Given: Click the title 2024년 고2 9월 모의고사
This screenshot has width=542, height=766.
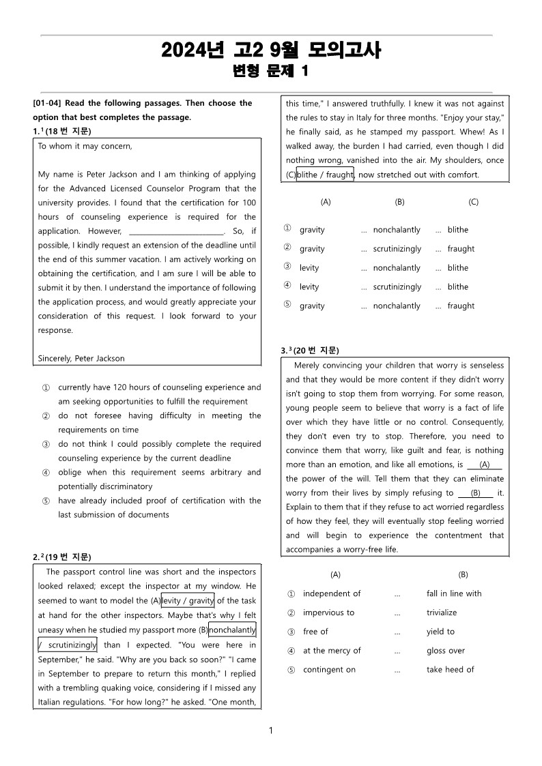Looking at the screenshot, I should click(271, 50).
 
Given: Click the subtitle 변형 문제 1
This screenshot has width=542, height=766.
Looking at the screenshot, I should click(271, 71).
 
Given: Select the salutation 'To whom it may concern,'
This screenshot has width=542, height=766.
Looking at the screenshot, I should click(85, 146).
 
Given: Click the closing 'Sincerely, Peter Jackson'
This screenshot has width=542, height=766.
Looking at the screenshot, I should click(81, 358).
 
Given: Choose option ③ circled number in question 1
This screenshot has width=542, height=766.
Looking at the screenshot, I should click(46, 444).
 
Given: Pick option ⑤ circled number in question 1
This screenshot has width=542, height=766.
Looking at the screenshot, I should click(46, 501).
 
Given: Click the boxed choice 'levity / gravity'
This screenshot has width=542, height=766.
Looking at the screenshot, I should click(188, 601).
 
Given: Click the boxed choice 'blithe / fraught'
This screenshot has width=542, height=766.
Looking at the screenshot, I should click(325, 175).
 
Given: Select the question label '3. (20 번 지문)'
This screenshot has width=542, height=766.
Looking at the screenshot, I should click(310, 351).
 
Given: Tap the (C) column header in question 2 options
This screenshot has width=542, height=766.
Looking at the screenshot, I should click(473, 202).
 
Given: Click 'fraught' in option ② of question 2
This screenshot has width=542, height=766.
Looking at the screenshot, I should click(461, 249).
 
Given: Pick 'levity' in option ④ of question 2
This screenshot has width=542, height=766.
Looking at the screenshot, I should click(309, 287).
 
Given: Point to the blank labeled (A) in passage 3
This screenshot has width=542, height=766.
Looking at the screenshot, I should click(485, 465).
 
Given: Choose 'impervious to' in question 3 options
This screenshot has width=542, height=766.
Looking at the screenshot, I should click(329, 613).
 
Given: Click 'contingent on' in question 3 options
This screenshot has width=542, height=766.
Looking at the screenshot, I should click(330, 670).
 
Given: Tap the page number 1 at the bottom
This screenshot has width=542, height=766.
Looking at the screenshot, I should click(271, 731).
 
